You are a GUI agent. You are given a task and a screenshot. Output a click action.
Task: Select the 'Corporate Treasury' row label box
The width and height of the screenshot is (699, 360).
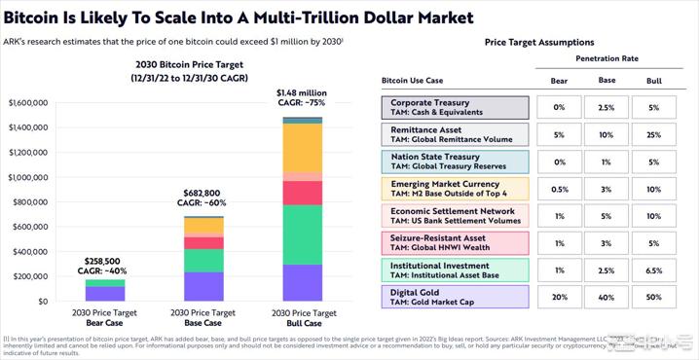coord(455,107)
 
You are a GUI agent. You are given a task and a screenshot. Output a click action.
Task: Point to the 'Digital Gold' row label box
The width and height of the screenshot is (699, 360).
coord(455,297)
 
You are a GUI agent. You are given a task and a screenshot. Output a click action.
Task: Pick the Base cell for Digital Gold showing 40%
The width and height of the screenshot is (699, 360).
coord(606,297)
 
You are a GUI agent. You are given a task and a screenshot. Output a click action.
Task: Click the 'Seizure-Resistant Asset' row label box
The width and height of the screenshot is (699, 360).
coord(455,242)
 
